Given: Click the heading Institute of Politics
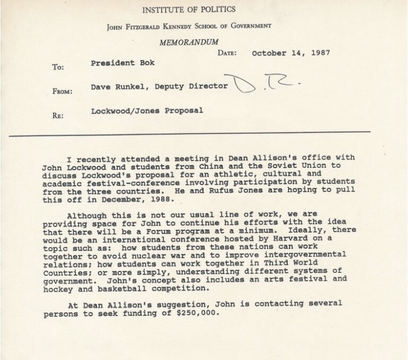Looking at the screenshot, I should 189,9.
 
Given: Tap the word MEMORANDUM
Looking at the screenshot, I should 189,42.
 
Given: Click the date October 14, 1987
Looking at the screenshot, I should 291,53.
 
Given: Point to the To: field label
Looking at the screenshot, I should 58,68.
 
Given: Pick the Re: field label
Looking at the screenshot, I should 57,115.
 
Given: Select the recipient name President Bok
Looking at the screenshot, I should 123,63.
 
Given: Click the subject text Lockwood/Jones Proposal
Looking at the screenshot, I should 147,111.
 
